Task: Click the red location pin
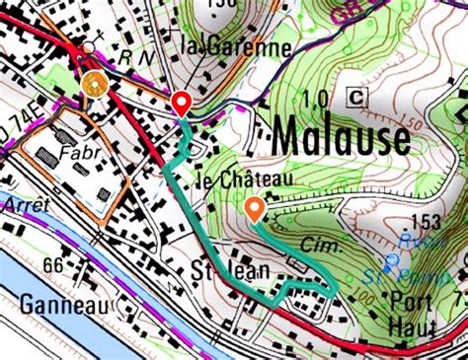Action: click(181, 103)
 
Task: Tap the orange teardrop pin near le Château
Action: click(254, 208)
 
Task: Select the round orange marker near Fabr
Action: click(95, 84)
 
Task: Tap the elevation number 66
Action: click(53, 267)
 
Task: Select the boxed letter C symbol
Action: click(356, 96)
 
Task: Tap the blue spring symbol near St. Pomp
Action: click(392, 260)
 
